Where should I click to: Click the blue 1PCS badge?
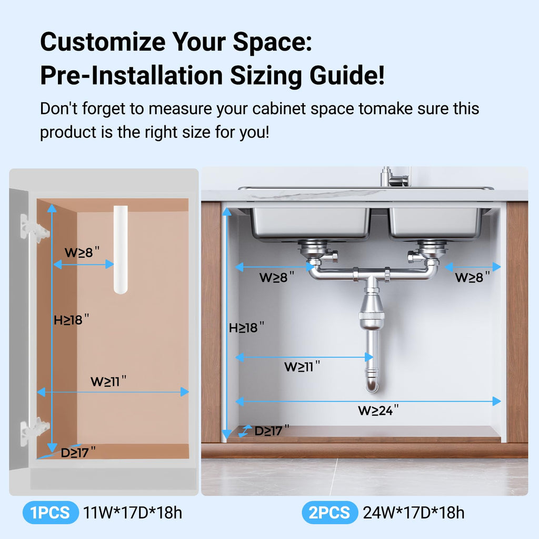51,513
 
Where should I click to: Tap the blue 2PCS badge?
330,513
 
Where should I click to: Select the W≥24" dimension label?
378,410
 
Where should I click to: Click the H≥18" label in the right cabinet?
246,327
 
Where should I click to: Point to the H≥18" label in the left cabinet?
71,320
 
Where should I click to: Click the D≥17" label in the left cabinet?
78,452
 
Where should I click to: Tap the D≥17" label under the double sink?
272,431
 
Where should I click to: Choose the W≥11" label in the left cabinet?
108,381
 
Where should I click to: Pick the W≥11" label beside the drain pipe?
302,366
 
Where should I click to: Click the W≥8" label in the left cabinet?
82,252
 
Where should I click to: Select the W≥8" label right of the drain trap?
472,277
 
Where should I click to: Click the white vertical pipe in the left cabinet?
121,249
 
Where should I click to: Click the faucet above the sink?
395,177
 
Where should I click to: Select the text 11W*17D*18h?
133,513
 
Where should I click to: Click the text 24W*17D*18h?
414,513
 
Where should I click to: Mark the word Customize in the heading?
103,42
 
